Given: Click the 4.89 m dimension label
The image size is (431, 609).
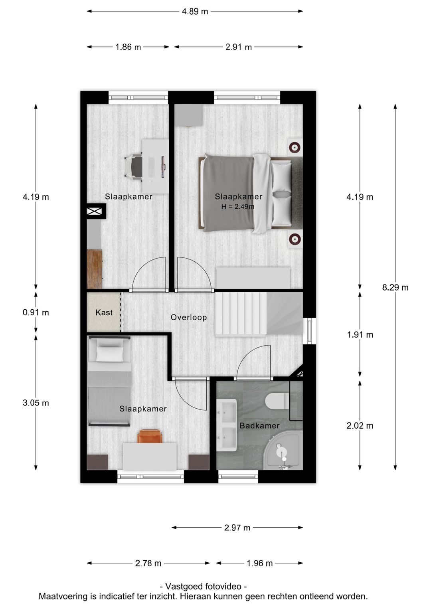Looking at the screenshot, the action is (195, 12).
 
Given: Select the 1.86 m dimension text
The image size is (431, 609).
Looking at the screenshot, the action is (128, 47).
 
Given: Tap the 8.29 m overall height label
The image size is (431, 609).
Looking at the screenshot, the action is (395, 287).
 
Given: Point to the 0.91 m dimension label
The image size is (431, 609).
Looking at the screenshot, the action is (36, 312).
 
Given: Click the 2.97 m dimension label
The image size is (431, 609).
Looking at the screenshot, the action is (237, 528).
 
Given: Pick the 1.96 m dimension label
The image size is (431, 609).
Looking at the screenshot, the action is (259, 564).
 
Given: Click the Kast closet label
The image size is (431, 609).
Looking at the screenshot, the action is (104, 312).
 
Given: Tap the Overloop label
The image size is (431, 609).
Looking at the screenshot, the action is (189, 317).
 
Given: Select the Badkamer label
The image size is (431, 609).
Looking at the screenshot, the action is (259, 425).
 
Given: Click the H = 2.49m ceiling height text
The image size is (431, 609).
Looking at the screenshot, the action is (238, 207).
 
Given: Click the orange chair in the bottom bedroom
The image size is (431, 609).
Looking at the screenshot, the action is (150, 436).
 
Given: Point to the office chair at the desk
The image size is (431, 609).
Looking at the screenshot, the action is (134, 166).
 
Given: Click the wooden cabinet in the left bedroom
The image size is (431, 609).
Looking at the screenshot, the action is (94, 269).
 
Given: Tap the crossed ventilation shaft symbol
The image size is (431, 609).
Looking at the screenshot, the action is (95, 211).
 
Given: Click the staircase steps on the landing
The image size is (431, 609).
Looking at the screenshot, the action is (241, 314).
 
